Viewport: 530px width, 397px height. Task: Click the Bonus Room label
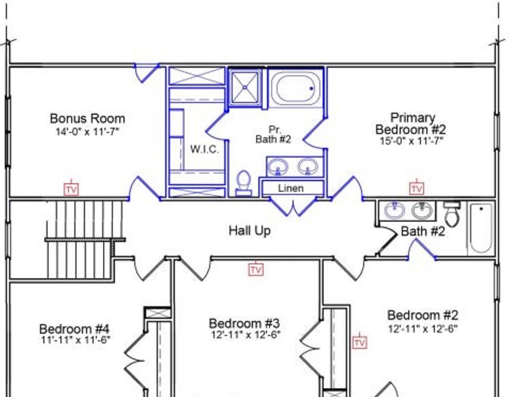pos(87,119)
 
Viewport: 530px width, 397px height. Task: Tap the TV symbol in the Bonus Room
pos(71,189)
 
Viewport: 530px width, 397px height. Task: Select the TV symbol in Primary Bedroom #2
pos(417,189)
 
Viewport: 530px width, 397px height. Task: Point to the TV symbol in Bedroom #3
pos(256,269)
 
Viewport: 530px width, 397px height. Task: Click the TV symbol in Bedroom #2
pos(360,343)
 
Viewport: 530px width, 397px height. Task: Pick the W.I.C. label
pos(204,149)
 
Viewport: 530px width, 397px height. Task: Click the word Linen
pos(291,188)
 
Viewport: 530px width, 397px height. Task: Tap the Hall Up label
pos(249,231)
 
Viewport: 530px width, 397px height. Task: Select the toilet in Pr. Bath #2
pos(244,183)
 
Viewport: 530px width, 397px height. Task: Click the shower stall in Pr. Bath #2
pos(245,88)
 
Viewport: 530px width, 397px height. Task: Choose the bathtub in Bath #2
pos(481,228)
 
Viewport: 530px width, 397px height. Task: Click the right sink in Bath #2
pos(422,210)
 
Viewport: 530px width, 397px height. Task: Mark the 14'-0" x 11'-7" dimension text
pos(87,132)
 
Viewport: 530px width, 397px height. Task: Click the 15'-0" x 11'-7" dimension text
pos(411,141)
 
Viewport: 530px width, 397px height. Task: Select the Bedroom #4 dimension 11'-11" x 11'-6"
pos(75,340)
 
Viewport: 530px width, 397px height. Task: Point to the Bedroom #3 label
pos(244,323)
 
